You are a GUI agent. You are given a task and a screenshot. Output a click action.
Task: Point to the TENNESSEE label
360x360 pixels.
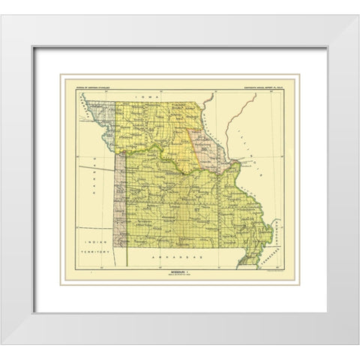pos(271,255)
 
